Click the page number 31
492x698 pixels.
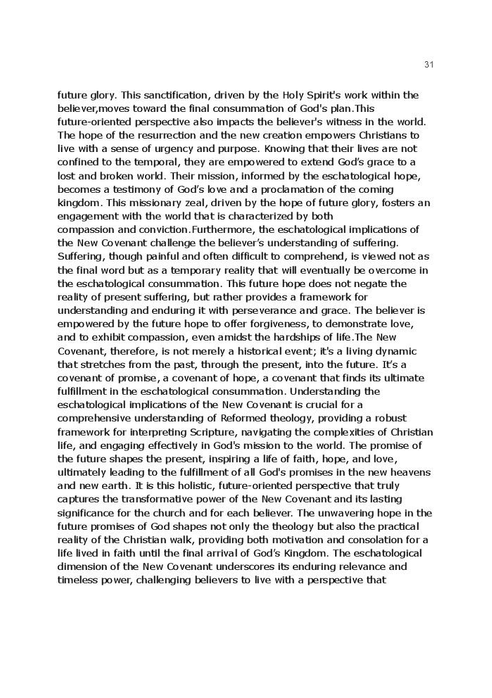point(429,65)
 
